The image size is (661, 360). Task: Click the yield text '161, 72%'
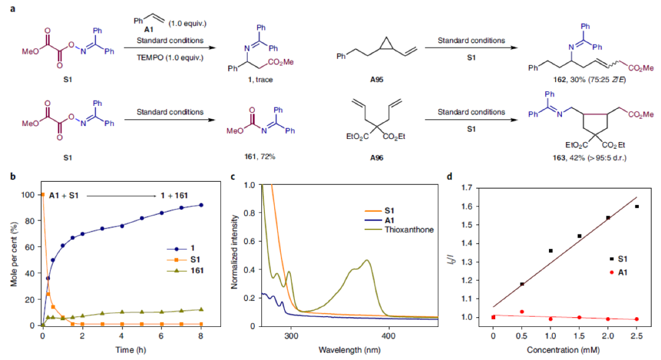252,156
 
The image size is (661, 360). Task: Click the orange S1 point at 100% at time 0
43,195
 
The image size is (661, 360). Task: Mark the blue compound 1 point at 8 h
201,205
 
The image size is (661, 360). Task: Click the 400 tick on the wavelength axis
387,336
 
